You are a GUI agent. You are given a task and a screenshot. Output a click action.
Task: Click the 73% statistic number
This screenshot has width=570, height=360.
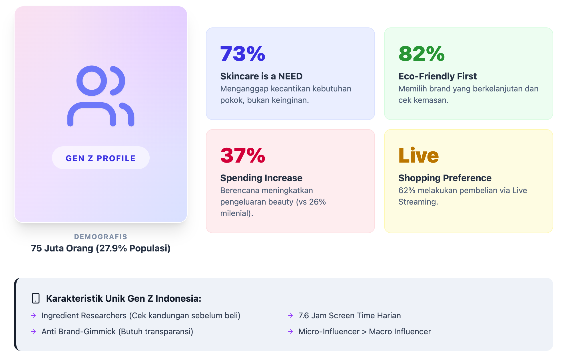(x=243, y=54)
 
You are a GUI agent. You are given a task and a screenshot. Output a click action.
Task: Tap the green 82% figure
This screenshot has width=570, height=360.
(x=422, y=54)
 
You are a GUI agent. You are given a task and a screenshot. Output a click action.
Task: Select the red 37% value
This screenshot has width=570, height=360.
(x=243, y=155)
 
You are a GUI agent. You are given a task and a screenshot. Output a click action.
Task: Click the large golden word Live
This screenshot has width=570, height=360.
(x=418, y=155)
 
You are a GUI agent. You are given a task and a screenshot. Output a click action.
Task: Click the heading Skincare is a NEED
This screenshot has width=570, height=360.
(x=261, y=76)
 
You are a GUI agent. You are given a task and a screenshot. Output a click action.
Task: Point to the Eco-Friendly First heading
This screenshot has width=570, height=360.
(x=437, y=76)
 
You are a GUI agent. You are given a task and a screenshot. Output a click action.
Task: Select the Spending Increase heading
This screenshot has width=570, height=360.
(x=261, y=178)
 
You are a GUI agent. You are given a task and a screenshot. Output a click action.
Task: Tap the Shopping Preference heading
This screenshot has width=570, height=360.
(x=445, y=178)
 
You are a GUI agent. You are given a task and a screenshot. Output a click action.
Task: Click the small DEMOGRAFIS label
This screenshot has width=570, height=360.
(x=101, y=237)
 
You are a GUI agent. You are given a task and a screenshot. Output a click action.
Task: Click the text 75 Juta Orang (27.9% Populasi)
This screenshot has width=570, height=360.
(x=101, y=248)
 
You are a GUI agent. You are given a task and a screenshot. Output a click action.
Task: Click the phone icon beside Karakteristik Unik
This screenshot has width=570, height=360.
(x=36, y=298)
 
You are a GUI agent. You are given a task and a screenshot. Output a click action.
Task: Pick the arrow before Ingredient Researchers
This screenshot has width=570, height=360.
(x=34, y=315)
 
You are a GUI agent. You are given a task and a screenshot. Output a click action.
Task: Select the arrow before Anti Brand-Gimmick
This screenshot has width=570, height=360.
(x=34, y=331)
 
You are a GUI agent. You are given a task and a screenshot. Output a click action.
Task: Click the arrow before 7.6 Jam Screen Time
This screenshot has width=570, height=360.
(x=290, y=315)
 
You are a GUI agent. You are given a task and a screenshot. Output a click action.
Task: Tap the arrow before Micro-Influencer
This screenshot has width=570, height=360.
(x=290, y=331)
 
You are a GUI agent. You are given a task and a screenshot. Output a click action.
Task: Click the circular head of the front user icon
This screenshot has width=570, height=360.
(x=91, y=81)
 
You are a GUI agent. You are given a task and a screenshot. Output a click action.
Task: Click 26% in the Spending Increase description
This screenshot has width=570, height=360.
(x=317, y=202)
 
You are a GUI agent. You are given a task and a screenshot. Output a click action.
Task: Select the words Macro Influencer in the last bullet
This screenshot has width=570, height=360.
(x=400, y=331)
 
